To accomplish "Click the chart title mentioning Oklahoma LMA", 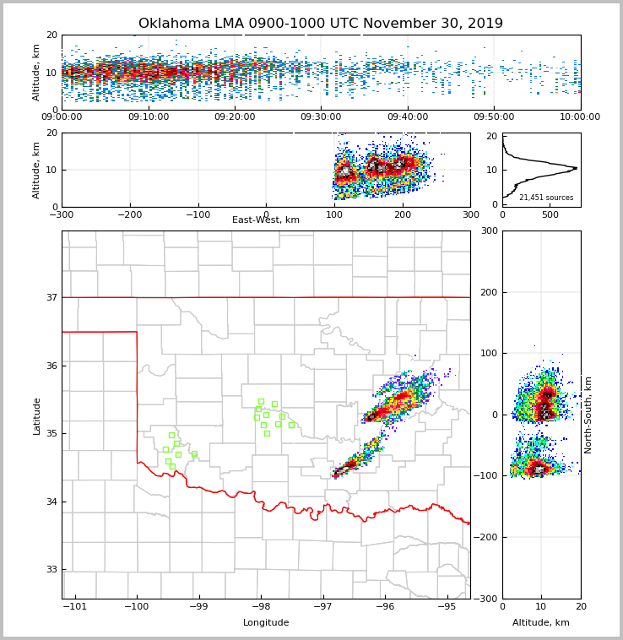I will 321,24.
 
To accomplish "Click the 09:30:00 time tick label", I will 321,117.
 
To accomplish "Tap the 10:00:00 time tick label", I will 580,117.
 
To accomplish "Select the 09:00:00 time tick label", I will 62,117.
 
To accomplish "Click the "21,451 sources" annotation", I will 546,198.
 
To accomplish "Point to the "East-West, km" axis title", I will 266,220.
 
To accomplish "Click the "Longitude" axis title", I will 266,623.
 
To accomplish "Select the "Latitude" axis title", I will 37,415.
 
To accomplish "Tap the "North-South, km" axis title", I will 588,415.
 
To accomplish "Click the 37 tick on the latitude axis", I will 52,297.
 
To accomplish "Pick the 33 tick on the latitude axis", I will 52,570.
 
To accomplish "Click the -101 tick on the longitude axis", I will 75,606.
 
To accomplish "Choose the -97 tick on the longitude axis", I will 322,606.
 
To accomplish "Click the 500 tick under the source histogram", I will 550,214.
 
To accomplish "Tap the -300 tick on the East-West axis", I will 62,214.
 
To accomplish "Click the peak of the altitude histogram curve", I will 577,168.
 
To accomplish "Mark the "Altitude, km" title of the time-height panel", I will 37,73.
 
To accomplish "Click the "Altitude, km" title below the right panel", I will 541,623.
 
